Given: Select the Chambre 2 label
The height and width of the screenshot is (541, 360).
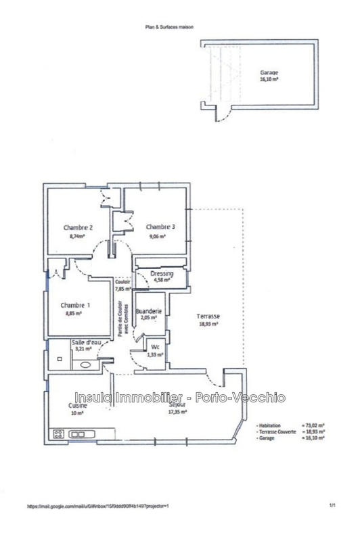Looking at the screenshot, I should (78, 227).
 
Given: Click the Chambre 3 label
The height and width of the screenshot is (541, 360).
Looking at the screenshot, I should (160, 227).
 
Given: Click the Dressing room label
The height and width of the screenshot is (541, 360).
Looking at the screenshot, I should (162, 274).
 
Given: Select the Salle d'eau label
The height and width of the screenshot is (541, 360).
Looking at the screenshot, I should (86, 344).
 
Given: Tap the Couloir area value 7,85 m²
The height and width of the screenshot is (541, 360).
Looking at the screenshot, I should (122, 288).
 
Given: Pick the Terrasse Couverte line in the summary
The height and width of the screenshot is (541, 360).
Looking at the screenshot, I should (290, 430).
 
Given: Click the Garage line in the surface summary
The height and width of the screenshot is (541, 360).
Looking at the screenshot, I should (290, 438).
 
